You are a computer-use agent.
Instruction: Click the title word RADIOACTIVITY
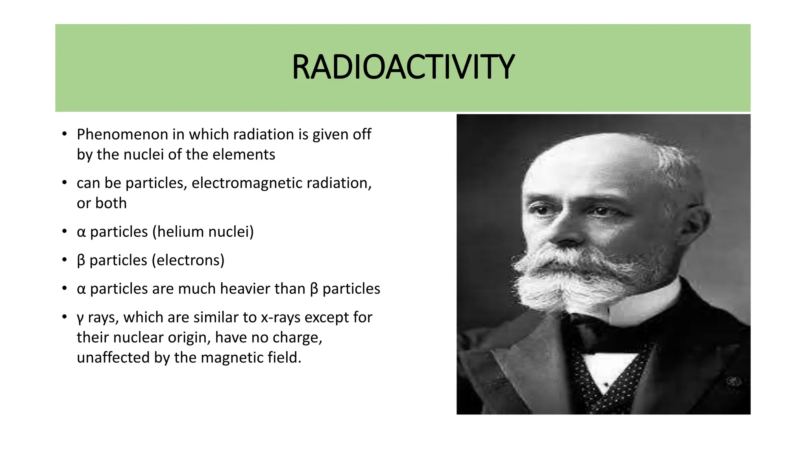pyautogui.click(x=403, y=67)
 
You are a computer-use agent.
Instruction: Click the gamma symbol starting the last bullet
pyautogui.click(x=80, y=319)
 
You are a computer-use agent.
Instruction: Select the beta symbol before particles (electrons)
pyautogui.click(x=81, y=261)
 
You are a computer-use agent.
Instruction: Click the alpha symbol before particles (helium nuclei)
pyautogui.click(x=81, y=232)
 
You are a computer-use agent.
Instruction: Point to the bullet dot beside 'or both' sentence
pyautogui.click(x=65, y=183)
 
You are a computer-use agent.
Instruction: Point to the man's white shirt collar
pyautogui.click(x=645, y=303)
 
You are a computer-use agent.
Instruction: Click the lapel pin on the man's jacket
pyautogui.click(x=733, y=381)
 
